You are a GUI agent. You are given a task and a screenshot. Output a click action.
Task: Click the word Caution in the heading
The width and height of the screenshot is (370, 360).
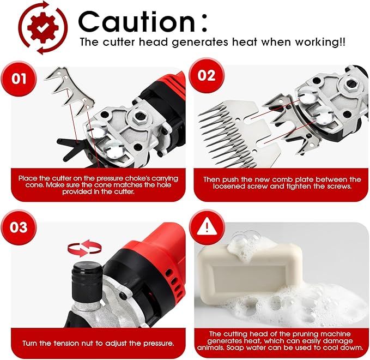point(137,22)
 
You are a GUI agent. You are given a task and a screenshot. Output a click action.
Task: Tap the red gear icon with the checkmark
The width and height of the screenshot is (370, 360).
point(43,28)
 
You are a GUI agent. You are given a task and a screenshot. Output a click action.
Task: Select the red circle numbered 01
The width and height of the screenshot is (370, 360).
point(19,79)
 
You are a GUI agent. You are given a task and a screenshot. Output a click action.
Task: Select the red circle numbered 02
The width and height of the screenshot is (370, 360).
point(207,75)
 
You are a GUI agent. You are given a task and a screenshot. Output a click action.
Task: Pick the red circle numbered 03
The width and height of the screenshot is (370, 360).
point(19,227)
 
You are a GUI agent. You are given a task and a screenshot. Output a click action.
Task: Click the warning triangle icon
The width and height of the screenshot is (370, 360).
point(207,227)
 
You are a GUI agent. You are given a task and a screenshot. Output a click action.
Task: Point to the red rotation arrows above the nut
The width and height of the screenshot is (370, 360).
point(84,248)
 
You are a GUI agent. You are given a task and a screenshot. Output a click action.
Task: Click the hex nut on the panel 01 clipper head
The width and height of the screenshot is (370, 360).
point(140,117)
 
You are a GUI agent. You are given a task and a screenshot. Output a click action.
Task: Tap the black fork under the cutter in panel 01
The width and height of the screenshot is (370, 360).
point(70,147)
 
